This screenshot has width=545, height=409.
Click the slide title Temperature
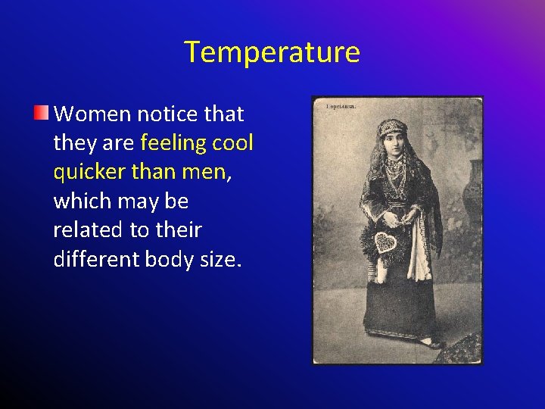click(272, 52)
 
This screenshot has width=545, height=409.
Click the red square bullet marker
click(41, 114)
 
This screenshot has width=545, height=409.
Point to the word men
click(204, 173)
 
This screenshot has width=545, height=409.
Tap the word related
click(87, 230)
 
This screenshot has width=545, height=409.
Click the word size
click(220, 260)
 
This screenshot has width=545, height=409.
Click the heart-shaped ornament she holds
click(386, 242)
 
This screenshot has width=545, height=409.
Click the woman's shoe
click(431, 343)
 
